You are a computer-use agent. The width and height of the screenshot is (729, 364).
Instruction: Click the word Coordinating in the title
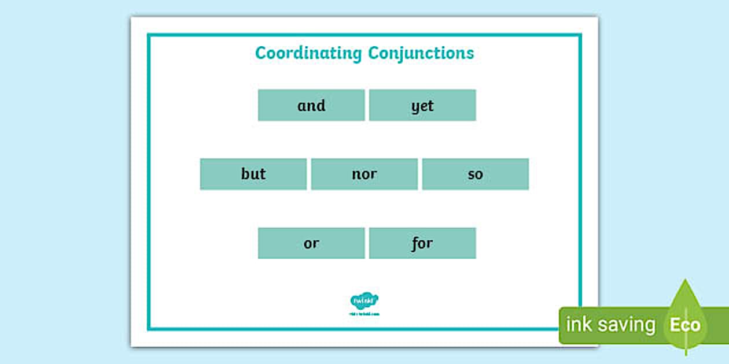click(308, 53)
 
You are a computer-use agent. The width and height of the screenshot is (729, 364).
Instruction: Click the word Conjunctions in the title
click(421, 53)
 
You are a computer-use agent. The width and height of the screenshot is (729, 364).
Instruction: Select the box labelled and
click(311, 105)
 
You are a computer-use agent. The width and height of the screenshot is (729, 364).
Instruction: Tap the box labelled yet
click(422, 105)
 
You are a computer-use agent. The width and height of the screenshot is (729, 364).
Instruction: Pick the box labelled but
click(253, 174)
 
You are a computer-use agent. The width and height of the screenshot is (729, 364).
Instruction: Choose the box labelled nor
click(365, 174)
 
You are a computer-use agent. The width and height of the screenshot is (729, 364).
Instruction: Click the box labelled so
click(475, 174)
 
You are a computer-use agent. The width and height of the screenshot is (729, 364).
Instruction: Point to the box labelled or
click(311, 243)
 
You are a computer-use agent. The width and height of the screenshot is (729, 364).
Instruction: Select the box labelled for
click(422, 243)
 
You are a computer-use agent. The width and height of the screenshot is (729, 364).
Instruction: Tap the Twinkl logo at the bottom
click(365, 300)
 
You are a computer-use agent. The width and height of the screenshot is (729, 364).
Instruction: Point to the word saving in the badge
click(627, 325)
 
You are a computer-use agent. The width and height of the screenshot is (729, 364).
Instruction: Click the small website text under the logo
click(365, 314)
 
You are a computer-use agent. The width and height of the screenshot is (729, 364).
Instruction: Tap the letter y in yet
click(415, 107)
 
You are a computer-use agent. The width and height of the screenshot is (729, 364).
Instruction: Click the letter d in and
click(321, 105)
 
